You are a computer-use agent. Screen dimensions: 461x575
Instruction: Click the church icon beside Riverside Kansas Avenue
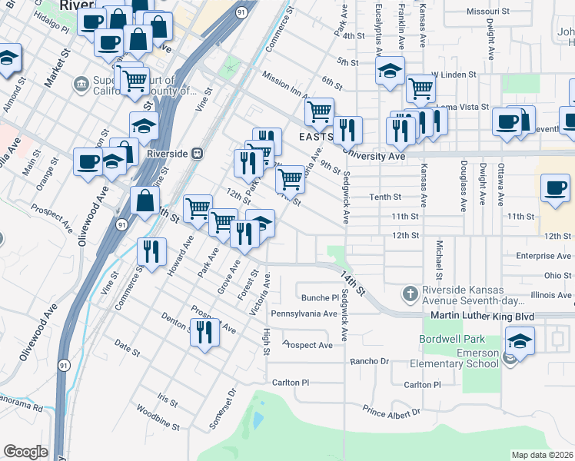point(410,294)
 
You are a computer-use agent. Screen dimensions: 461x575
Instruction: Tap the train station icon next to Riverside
point(198,154)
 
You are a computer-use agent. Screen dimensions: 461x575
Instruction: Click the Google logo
point(25,452)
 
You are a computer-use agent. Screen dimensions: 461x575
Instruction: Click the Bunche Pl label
point(320,297)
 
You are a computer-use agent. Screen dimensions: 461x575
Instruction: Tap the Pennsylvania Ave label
point(304,313)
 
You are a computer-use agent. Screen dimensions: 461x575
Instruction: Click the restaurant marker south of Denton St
point(204,333)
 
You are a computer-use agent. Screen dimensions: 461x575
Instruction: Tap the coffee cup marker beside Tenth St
point(555,188)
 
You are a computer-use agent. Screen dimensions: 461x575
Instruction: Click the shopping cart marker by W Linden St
point(420,89)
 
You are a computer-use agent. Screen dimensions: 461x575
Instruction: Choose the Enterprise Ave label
point(543,256)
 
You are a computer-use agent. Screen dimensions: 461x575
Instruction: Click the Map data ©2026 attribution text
point(543,455)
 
